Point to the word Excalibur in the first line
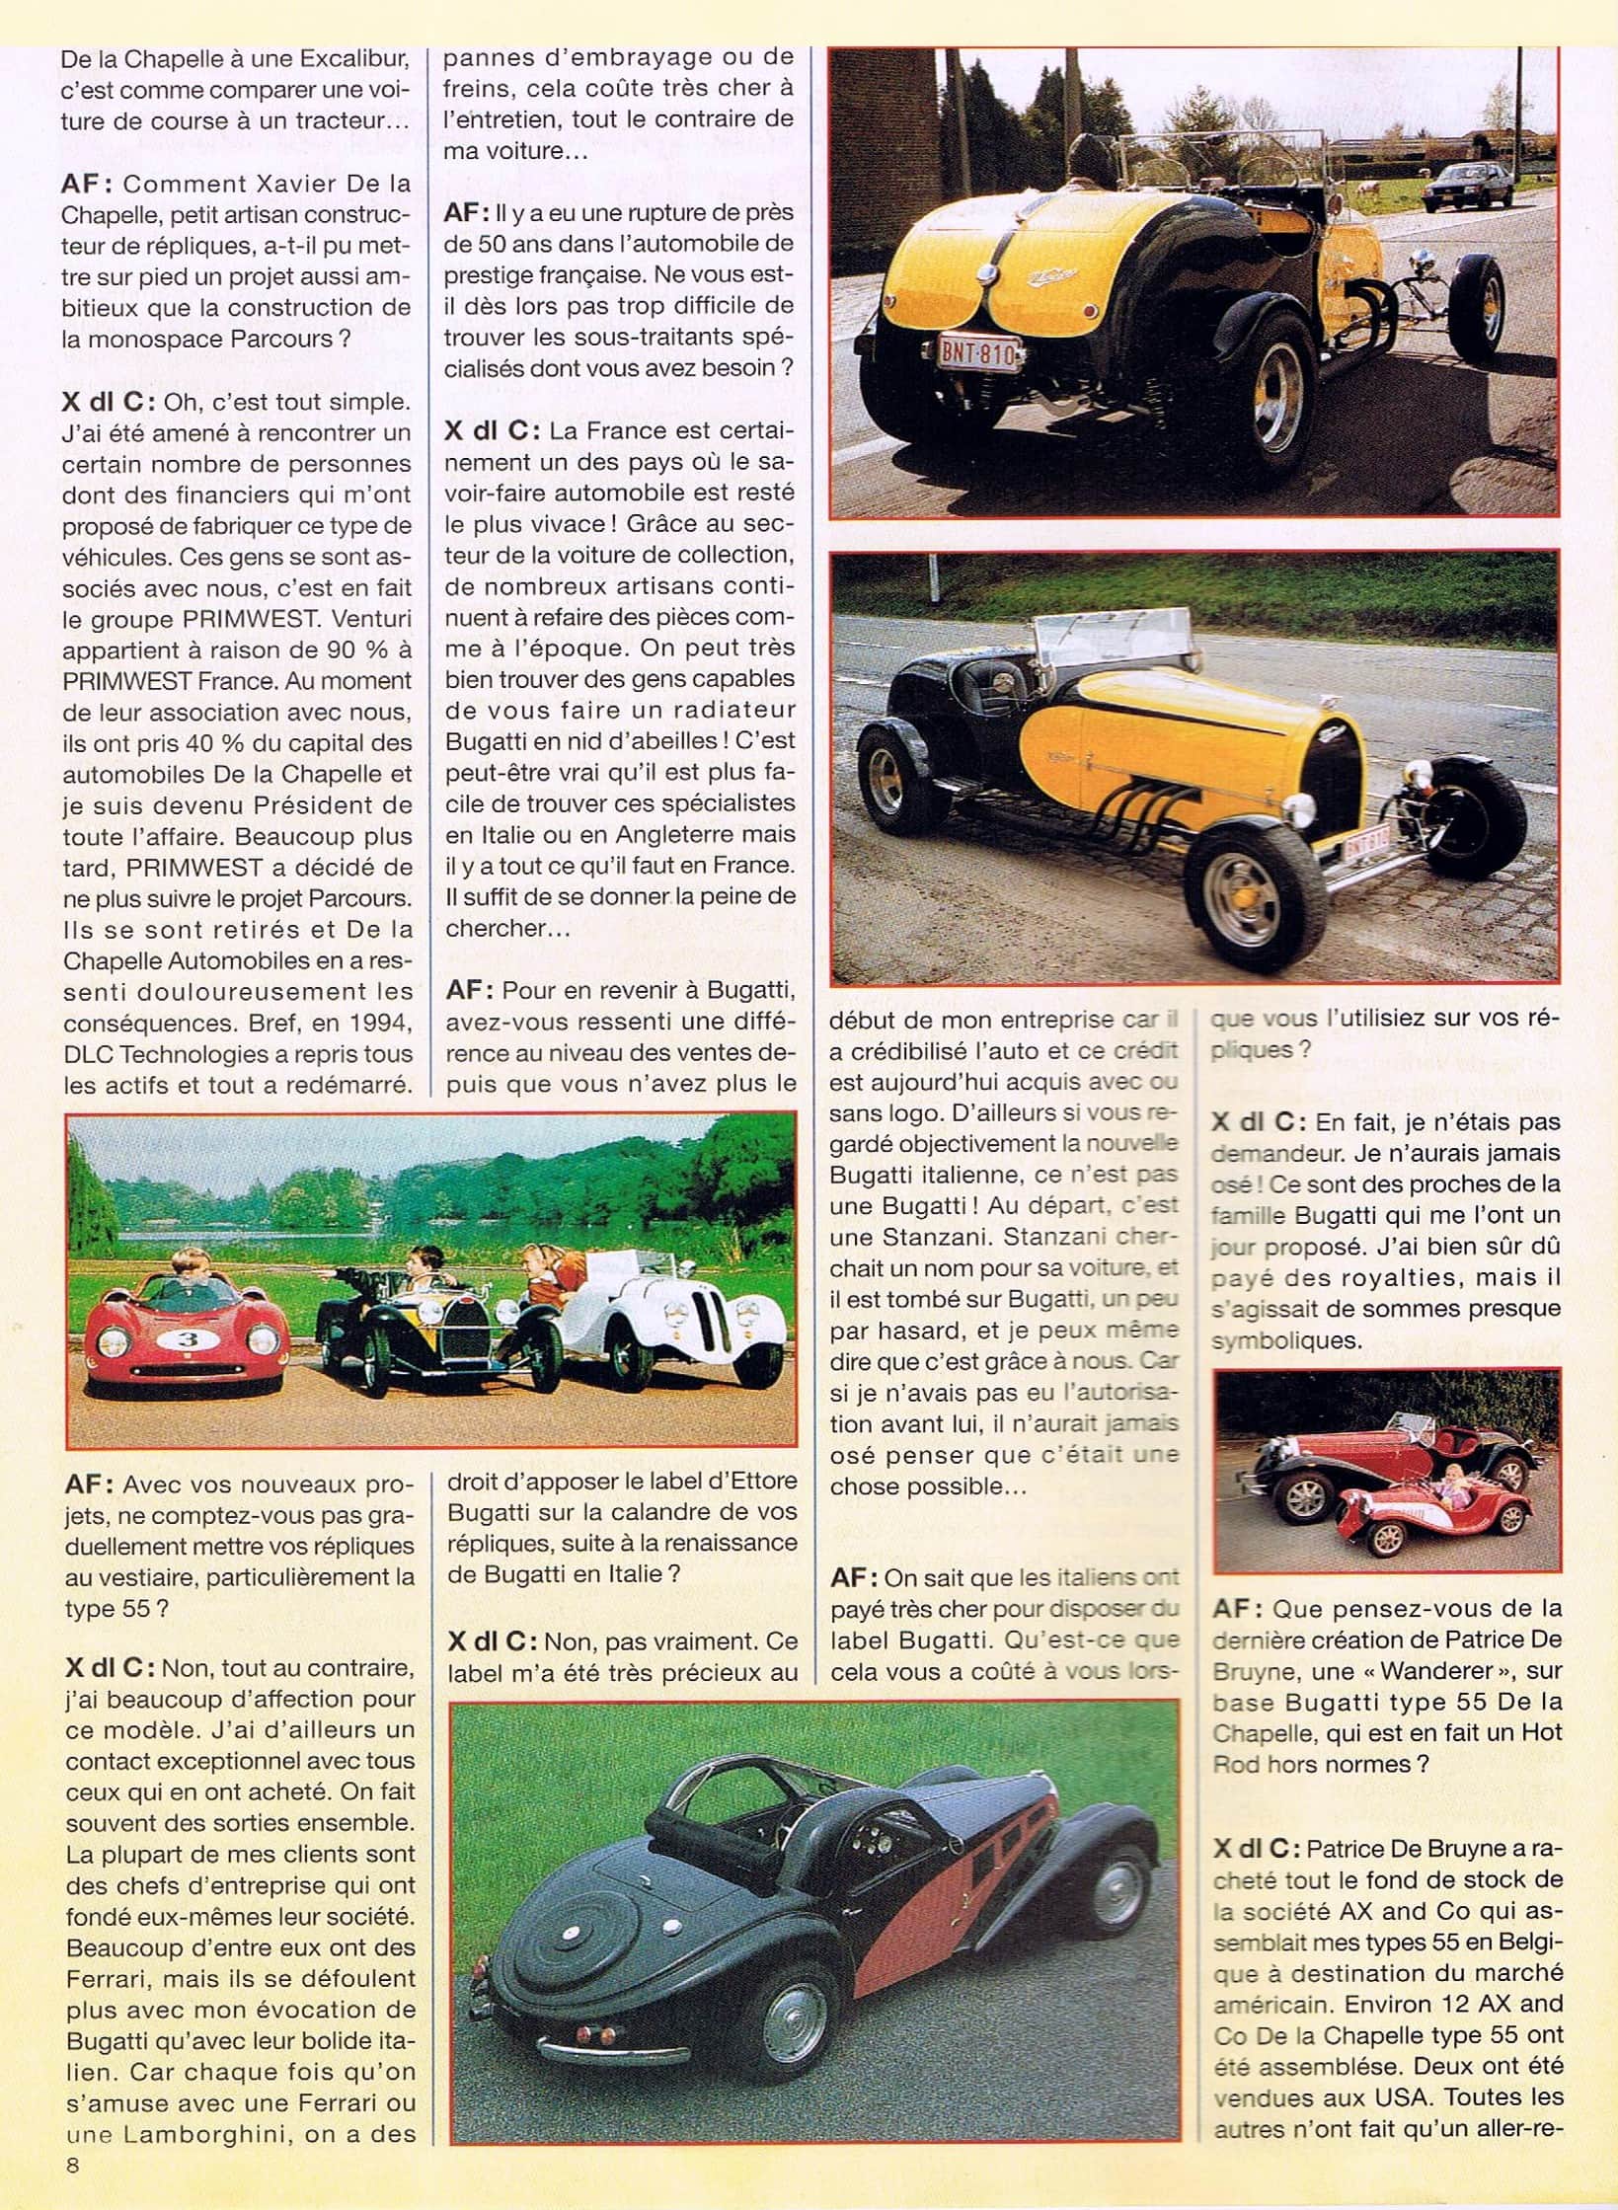click(x=333, y=59)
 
